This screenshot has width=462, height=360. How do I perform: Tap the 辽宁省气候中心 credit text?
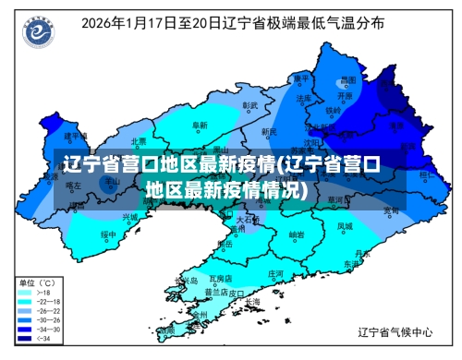[395, 330]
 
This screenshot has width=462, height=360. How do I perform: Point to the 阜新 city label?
[200, 125]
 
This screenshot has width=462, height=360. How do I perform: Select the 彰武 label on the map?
[249, 105]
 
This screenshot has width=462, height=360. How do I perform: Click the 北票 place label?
[139, 141]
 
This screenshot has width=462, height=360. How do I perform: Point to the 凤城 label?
[344, 225]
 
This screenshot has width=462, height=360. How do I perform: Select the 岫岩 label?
[296, 234]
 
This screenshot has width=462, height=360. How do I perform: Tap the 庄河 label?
[275, 274]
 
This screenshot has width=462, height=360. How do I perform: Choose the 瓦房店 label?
[221, 277]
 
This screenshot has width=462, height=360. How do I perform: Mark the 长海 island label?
[252, 301]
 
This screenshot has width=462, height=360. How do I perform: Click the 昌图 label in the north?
[347, 80]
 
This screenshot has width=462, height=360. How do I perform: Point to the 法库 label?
[303, 97]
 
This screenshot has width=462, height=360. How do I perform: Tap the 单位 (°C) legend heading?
[38, 282]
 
